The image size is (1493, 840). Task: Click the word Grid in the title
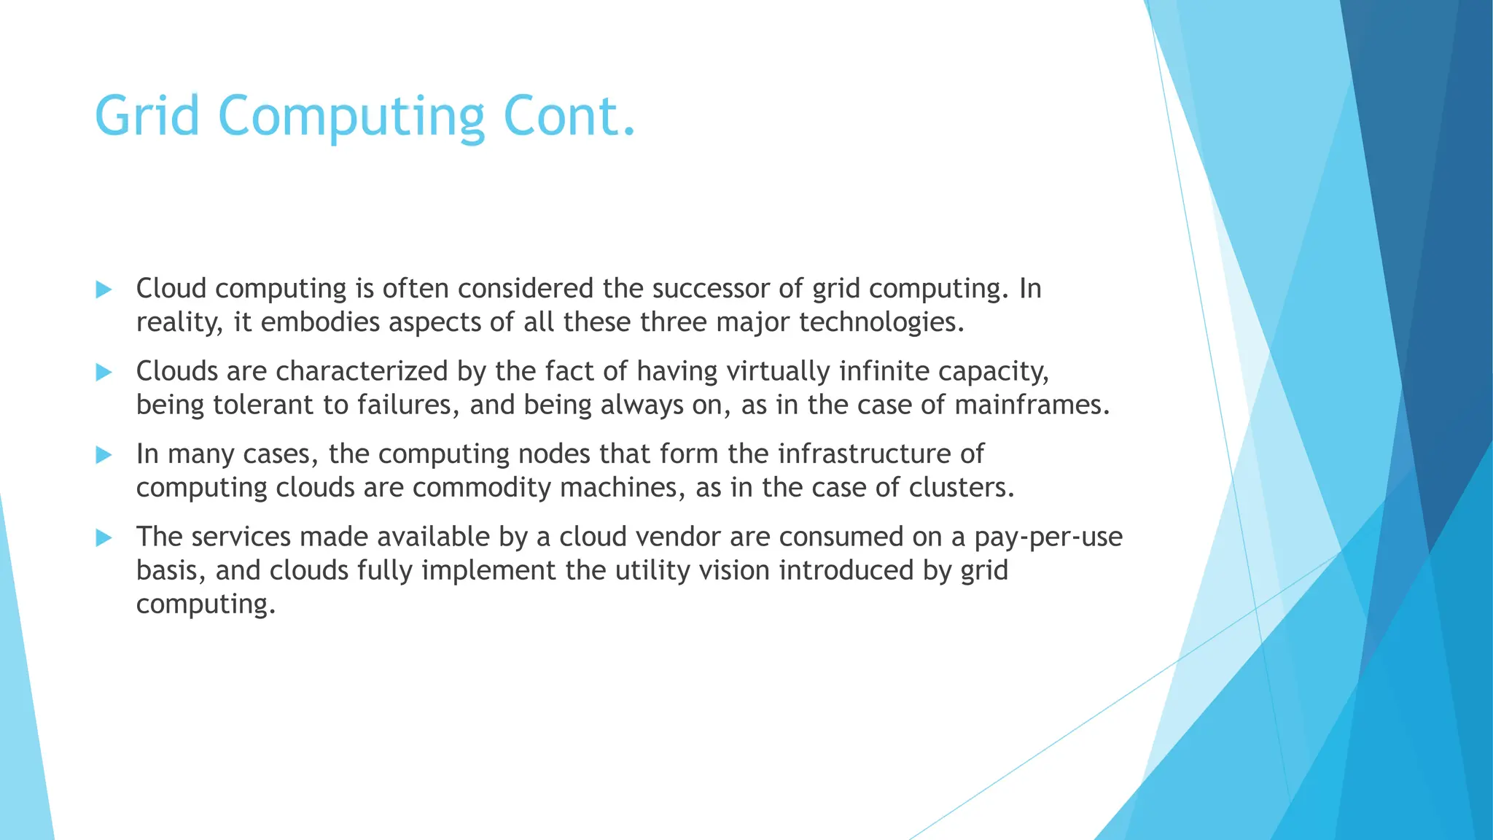coord(147,115)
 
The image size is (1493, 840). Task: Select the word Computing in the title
coord(351,117)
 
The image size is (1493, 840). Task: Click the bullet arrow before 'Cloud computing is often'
coord(104,289)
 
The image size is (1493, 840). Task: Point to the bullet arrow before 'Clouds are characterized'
coord(104,373)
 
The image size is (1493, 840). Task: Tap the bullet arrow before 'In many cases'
coord(104,455)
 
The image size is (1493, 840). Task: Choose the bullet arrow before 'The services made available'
coord(104,538)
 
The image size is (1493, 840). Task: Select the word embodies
coord(320,322)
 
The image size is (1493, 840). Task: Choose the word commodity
coord(481,488)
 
